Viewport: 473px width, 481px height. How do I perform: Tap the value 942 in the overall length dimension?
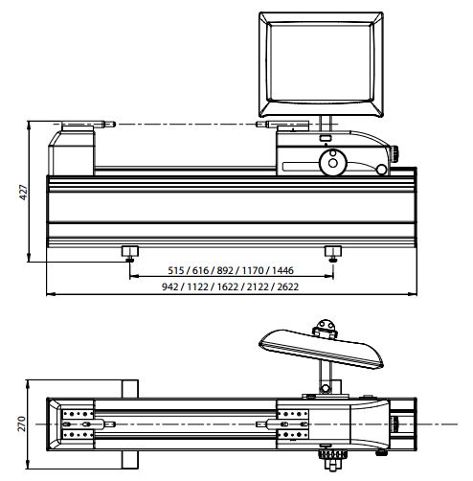tap(173, 286)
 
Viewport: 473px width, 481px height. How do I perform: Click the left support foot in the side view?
tap(128, 252)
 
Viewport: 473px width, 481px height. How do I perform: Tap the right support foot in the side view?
tap(333, 252)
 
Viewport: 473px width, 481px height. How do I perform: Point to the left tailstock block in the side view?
tap(74, 153)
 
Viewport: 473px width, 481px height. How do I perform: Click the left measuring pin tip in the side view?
tap(112, 125)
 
